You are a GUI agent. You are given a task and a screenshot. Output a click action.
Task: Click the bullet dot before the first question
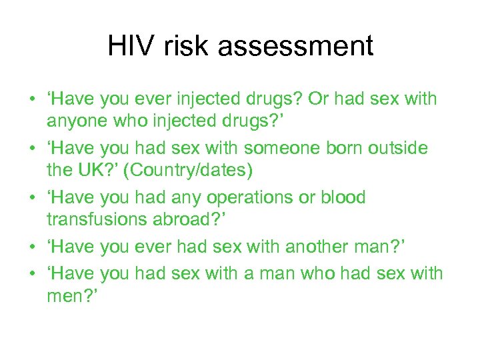32,101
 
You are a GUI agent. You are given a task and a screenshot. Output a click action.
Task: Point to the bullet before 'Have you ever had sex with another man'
32,249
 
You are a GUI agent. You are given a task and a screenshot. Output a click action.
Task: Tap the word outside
394,149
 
